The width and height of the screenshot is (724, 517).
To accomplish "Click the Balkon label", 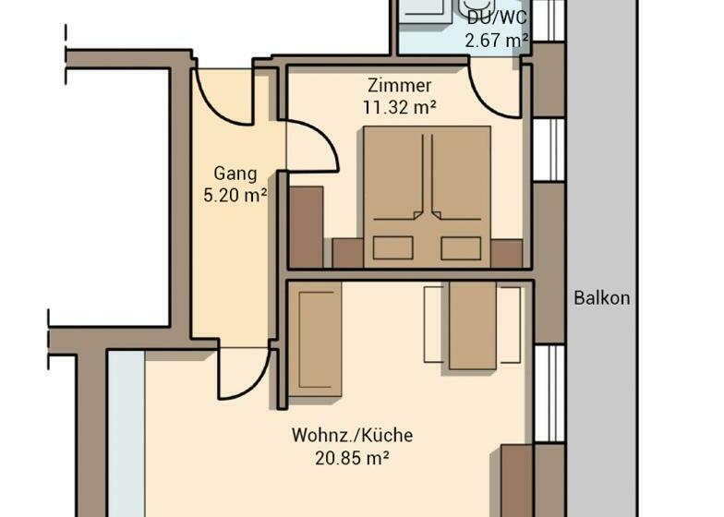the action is (602, 297).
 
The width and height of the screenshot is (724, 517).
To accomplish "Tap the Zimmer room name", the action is (399, 85).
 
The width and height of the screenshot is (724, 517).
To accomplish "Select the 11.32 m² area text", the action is (399, 107).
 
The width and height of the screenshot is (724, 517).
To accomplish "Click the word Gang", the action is (235, 174).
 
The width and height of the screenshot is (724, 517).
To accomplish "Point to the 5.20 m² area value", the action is (235, 196).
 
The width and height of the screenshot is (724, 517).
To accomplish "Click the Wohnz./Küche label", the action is (353, 436).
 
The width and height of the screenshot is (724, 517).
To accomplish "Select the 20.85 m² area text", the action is (353, 458).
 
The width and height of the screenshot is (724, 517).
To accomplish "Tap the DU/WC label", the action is (497, 18).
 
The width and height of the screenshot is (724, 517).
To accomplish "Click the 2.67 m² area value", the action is (497, 41).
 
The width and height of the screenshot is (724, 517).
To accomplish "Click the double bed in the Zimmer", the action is (427, 198).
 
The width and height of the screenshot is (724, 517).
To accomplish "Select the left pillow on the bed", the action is (393, 247).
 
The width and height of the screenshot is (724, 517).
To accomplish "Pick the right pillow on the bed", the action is (461, 247).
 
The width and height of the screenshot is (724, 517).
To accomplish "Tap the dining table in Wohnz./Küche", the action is (473, 325).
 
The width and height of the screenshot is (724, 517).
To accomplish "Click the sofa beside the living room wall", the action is (315, 340).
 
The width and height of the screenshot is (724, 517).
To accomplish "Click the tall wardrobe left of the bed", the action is (306, 227).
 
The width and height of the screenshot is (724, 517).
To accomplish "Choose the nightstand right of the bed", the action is (506, 253).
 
